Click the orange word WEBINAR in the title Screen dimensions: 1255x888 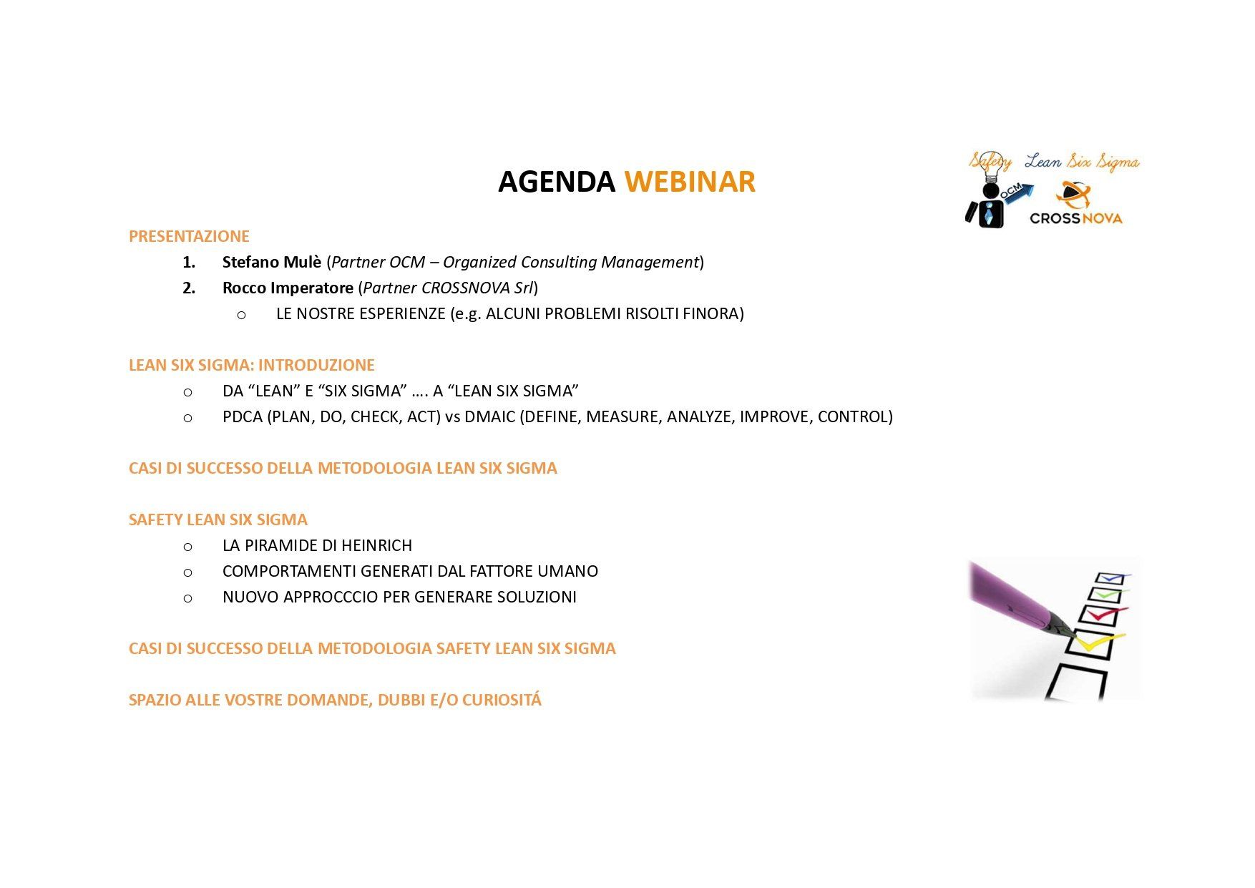click(690, 182)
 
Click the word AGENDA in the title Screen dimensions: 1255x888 click(557, 182)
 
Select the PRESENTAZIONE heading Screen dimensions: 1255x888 click(189, 236)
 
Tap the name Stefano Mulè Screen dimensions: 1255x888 click(272, 262)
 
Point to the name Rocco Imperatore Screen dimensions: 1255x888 click(288, 288)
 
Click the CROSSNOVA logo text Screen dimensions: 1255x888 click(1075, 218)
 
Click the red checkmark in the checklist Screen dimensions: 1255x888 click(1106, 614)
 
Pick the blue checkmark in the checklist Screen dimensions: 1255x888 click(1114, 577)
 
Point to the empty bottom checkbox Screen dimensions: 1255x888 click(1076, 683)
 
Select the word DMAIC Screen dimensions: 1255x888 click(489, 416)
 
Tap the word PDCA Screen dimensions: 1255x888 click(243, 416)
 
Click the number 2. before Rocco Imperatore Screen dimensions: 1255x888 click(189, 288)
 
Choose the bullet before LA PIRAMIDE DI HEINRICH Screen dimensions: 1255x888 click(187, 547)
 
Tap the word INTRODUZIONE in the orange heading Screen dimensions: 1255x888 click(316, 365)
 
